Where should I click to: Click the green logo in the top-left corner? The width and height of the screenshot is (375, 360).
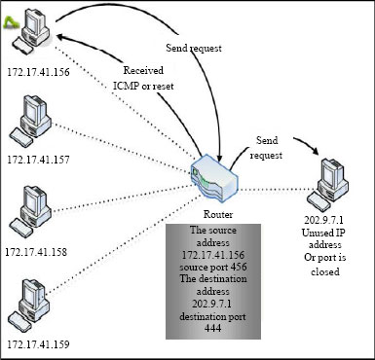13,16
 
